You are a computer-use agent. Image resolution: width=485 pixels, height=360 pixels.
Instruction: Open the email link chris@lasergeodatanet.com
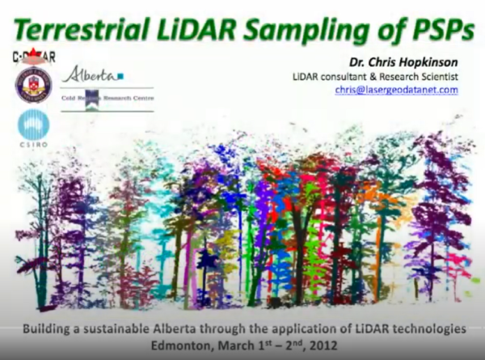(397, 90)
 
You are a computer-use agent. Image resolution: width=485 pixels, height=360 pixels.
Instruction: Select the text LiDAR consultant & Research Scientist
(375, 76)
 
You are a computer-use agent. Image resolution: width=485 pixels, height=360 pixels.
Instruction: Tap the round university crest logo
(33, 85)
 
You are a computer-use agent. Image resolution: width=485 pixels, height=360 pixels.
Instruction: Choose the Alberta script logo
(90, 74)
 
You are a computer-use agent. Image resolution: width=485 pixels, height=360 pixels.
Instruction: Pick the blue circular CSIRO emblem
(33, 125)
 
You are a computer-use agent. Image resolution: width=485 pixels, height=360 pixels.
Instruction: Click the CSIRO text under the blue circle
(33, 149)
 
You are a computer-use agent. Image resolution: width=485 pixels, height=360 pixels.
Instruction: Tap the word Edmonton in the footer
(185, 345)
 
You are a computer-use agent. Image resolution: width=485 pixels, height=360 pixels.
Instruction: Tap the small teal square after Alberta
(120, 75)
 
